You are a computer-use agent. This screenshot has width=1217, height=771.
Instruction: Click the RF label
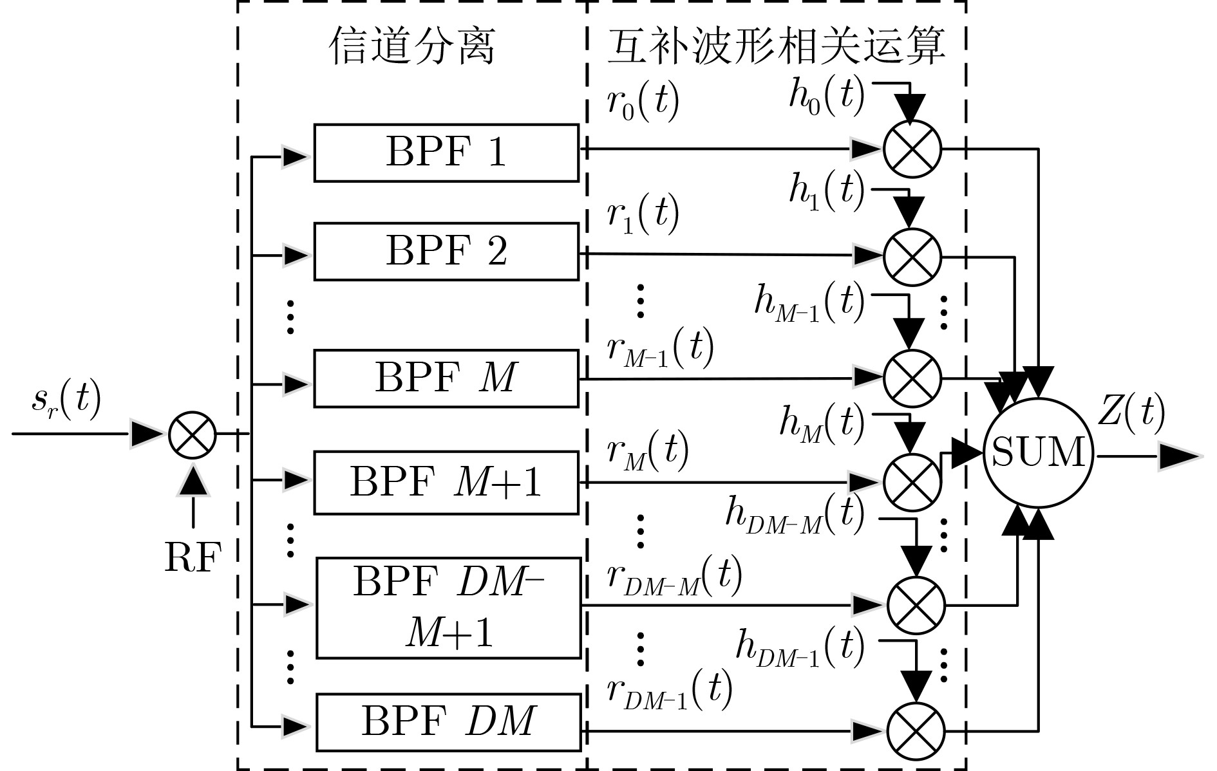193,557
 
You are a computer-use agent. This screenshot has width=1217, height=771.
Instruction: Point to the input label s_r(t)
66,400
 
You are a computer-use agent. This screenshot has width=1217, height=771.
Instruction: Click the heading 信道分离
412,46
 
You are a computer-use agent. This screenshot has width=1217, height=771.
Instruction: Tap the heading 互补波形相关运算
776,46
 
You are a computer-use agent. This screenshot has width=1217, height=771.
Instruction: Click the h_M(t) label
822,423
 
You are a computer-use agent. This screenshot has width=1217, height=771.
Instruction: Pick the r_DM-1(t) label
670,690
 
